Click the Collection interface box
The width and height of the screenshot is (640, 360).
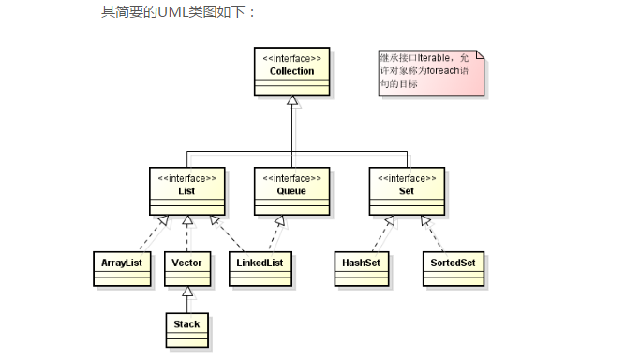coord(291,70)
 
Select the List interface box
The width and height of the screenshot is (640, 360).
coord(187,190)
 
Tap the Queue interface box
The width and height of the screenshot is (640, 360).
coord(291,190)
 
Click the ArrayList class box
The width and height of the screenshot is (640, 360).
coord(120,265)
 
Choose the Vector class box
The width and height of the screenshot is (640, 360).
coord(187,265)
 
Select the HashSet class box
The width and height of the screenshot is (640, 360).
coord(361,265)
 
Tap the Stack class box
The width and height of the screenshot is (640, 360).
coord(187,325)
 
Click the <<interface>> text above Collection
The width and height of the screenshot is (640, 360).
coord(291,58)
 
